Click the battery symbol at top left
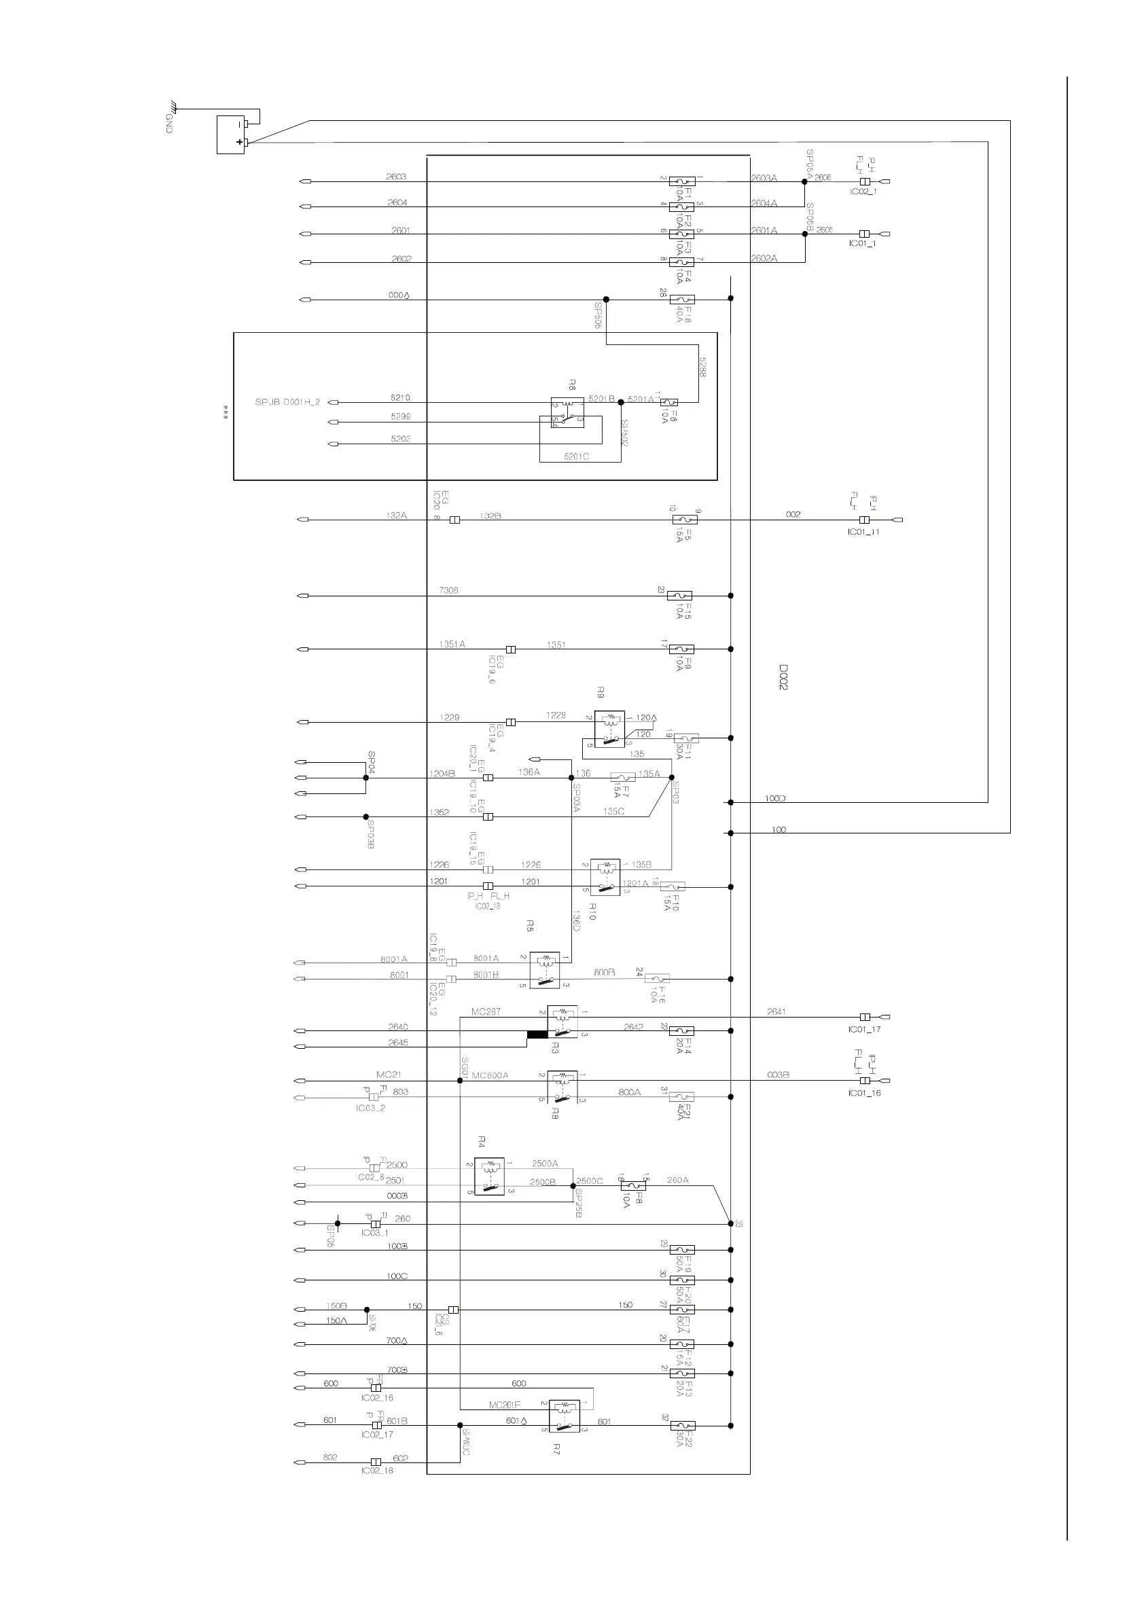click(x=230, y=134)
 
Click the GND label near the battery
click(x=169, y=124)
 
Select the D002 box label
click(x=783, y=677)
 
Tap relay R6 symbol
click(x=567, y=413)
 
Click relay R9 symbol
click(x=609, y=729)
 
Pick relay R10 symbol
click(x=605, y=878)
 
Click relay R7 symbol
click(x=564, y=1416)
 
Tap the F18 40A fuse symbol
click(x=681, y=300)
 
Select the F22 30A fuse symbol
click(x=681, y=1426)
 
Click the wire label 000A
click(x=399, y=295)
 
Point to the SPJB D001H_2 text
click(x=287, y=402)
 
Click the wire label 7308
click(x=448, y=590)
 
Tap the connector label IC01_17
click(x=865, y=1030)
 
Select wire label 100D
click(x=775, y=798)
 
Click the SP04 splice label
click(x=372, y=759)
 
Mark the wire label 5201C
click(x=577, y=456)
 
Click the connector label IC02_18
click(x=377, y=1471)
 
